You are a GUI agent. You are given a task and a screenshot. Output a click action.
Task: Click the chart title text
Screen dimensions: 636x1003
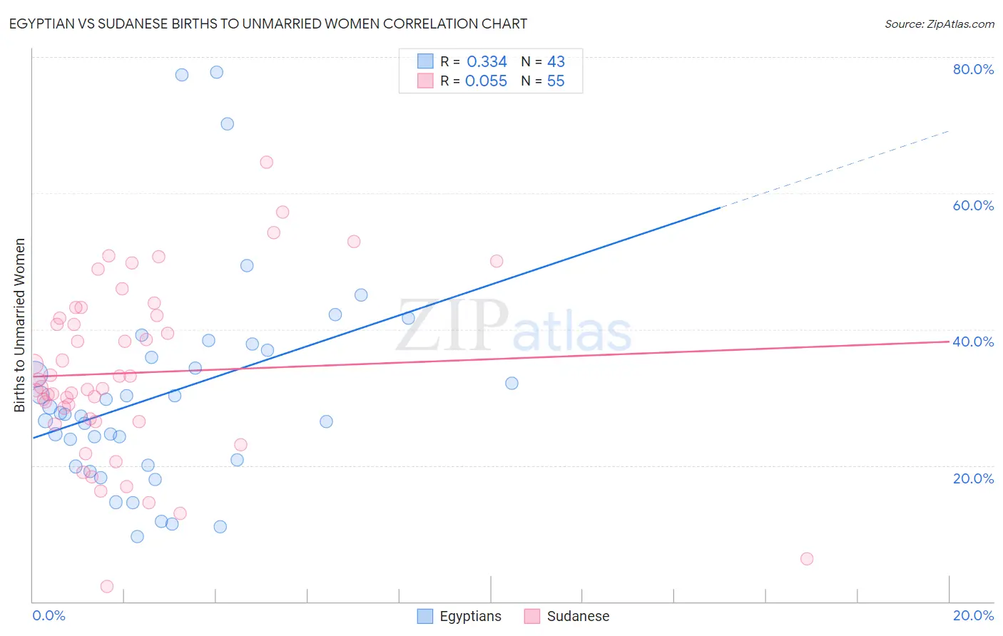[268, 24]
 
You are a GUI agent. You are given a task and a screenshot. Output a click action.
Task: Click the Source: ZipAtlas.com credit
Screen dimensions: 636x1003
[939, 24]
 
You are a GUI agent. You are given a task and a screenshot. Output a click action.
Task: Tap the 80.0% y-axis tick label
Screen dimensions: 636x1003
[973, 69]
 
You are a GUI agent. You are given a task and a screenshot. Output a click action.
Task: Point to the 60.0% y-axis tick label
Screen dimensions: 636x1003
[973, 205]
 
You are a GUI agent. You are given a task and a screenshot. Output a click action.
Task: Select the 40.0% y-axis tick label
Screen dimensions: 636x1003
[973, 342]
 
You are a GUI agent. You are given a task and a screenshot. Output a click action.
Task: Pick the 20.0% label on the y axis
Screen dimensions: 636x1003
[973, 478]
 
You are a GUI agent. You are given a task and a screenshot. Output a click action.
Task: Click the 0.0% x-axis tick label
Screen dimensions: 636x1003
[49, 615]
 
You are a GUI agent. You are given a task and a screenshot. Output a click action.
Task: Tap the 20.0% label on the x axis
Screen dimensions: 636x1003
[973, 615]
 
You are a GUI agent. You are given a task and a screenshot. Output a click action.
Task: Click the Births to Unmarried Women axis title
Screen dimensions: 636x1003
[19, 325]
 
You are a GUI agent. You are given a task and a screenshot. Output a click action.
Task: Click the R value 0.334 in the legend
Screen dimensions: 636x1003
[487, 61]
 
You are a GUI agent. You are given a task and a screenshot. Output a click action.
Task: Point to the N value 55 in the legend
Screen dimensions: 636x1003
[556, 81]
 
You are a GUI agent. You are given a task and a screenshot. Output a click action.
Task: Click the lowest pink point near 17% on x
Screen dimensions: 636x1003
[807, 559]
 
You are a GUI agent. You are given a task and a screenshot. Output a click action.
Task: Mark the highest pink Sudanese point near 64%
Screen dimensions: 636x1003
[267, 162]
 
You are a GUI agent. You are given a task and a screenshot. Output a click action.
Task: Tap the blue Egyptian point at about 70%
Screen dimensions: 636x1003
[228, 124]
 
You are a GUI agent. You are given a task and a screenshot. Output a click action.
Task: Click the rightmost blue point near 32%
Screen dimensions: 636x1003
[511, 384]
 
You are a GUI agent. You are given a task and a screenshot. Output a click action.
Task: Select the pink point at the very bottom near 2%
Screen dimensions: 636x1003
[107, 586]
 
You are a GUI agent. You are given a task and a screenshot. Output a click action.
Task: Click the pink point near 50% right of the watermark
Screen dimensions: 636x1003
[497, 261]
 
